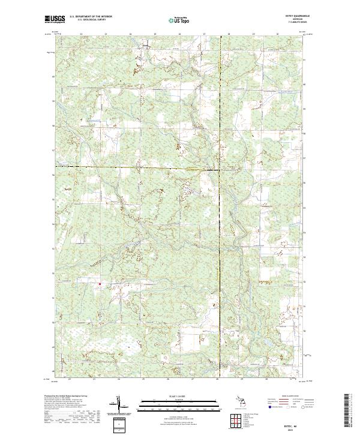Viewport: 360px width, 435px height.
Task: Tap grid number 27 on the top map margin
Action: [205, 35]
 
